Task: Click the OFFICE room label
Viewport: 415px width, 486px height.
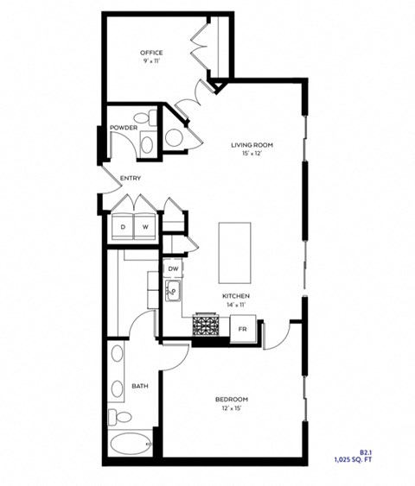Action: coord(151,54)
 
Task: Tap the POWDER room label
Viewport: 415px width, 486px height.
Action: coord(123,129)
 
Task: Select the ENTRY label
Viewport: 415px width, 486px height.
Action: coord(131,179)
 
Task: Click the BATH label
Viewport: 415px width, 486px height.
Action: coord(139,386)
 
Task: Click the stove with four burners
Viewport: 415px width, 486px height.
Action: coord(207,326)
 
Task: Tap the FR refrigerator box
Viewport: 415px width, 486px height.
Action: coord(243,328)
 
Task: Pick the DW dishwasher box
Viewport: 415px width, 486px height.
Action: coord(173,269)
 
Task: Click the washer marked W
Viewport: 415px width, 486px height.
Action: coord(145,226)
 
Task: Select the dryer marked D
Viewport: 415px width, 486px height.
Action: coord(123,226)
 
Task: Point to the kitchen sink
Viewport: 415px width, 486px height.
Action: coord(172,292)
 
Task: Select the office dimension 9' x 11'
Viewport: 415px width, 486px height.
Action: coord(151,62)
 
